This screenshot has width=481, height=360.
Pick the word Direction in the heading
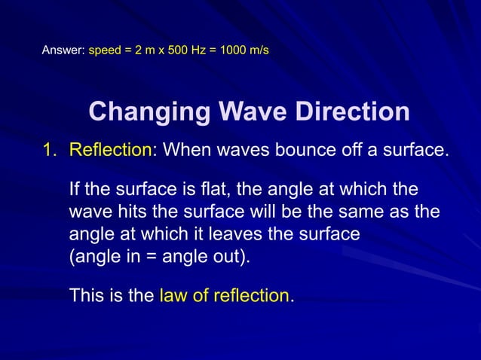[x=351, y=112]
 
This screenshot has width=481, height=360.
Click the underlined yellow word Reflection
[x=110, y=150]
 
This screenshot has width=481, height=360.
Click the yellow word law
[x=173, y=295]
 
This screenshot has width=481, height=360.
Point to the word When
[x=186, y=150]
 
